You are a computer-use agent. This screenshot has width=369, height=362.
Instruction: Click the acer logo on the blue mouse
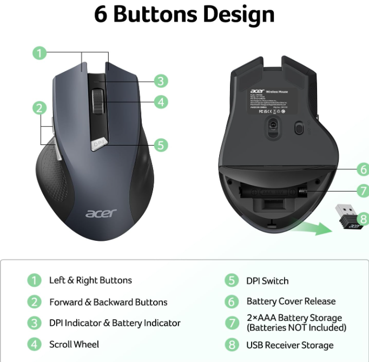coord(101,212)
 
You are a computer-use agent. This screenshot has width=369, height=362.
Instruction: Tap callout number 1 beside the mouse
coord(39,53)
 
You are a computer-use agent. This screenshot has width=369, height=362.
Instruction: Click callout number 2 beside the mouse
coord(39,108)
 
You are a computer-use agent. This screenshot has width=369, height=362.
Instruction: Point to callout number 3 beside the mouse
coord(161,81)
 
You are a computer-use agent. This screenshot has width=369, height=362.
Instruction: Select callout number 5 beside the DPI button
coord(161,145)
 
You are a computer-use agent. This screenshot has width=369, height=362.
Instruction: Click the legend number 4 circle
coord(34,344)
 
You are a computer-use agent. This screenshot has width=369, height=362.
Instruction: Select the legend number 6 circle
coord(232,301)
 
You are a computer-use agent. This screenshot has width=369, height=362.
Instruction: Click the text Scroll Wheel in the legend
coord(74,344)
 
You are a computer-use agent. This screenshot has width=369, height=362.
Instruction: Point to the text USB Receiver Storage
coord(290,345)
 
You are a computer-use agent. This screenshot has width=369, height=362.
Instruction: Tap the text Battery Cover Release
coord(291,301)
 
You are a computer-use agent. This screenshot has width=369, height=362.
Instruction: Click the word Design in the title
coord(232,15)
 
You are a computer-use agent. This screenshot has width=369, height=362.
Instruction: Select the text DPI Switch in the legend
coord(267,281)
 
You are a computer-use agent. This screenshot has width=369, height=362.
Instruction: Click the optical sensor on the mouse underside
coord(272,125)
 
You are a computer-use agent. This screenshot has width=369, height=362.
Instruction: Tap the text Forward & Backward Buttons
coord(108,302)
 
